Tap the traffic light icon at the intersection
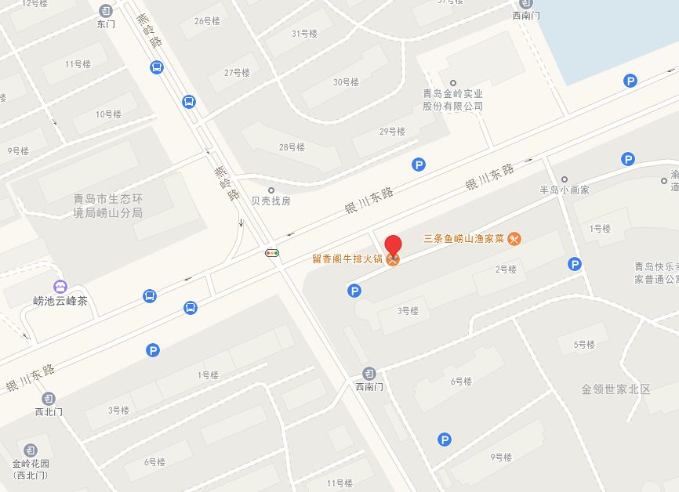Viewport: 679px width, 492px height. click(272, 253)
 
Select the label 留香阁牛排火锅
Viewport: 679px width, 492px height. click(347, 259)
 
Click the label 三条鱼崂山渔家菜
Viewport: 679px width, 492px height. click(463, 239)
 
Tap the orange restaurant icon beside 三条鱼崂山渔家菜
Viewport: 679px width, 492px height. click(514, 239)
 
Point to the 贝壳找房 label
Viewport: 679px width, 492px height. click(271, 201)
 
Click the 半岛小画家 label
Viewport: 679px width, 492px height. click(564, 190)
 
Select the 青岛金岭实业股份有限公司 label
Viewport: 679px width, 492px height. click(452, 99)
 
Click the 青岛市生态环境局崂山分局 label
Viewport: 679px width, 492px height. click(107, 205)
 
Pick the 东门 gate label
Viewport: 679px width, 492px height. click(106, 24)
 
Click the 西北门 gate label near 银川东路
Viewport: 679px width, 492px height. click(49, 411)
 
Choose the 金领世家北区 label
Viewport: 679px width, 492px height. click(616, 389)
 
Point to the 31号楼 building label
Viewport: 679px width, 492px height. click(304, 34)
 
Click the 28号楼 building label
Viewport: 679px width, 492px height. click(292, 147)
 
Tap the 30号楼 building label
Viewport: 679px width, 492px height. click(346, 82)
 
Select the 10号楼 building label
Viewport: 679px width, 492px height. click(108, 114)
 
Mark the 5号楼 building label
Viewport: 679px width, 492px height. click(585, 344)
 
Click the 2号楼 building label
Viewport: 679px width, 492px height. click(506, 270)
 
